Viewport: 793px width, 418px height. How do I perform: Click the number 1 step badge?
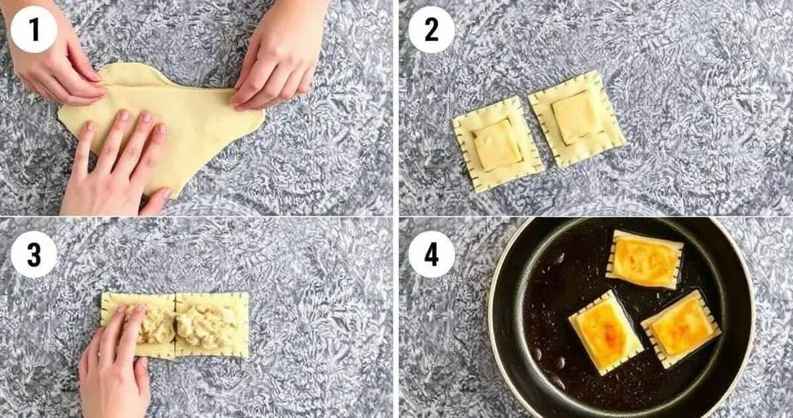pyautogui.click(x=34, y=29)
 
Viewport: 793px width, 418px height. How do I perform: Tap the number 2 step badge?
pyautogui.click(x=432, y=29)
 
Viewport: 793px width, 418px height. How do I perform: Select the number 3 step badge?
pyautogui.click(x=34, y=254)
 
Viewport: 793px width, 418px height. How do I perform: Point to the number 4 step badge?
pyautogui.click(x=432, y=254)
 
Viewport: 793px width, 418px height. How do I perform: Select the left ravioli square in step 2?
pyautogui.click(x=497, y=144)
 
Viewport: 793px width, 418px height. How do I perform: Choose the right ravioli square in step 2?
pyautogui.click(x=577, y=118)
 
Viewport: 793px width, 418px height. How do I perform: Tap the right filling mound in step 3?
pyautogui.click(x=205, y=325)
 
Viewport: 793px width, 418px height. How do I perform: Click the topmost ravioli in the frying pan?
pyautogui.click(x=644, y=259)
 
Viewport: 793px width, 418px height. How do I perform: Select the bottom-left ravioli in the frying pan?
pyautogui.click(x=606, y=332)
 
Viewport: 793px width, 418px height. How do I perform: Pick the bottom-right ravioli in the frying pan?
pyautogui.click(x=681, y=329)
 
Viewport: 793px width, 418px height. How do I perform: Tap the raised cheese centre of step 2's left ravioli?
pyautogui.click(x=497, y=145)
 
